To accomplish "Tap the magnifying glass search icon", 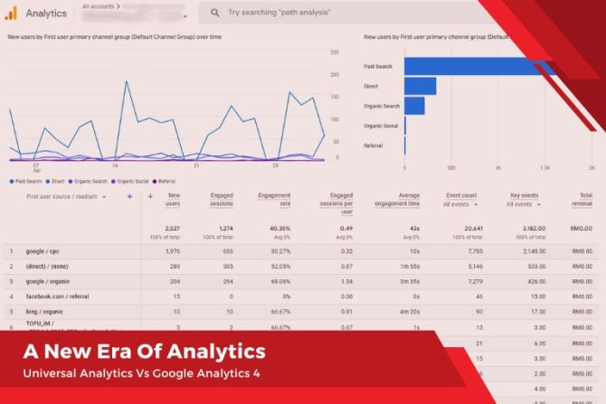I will point(213,14).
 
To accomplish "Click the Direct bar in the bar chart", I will point(420,87).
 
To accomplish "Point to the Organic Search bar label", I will point(380,106).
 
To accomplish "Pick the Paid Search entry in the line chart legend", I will point(24,181).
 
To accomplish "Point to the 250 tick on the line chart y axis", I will point(334,52).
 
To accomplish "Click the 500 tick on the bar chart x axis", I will point(451,168).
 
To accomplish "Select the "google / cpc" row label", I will point(42,250).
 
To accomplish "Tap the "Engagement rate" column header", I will point(274,200).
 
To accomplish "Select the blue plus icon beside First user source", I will point(129,196).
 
